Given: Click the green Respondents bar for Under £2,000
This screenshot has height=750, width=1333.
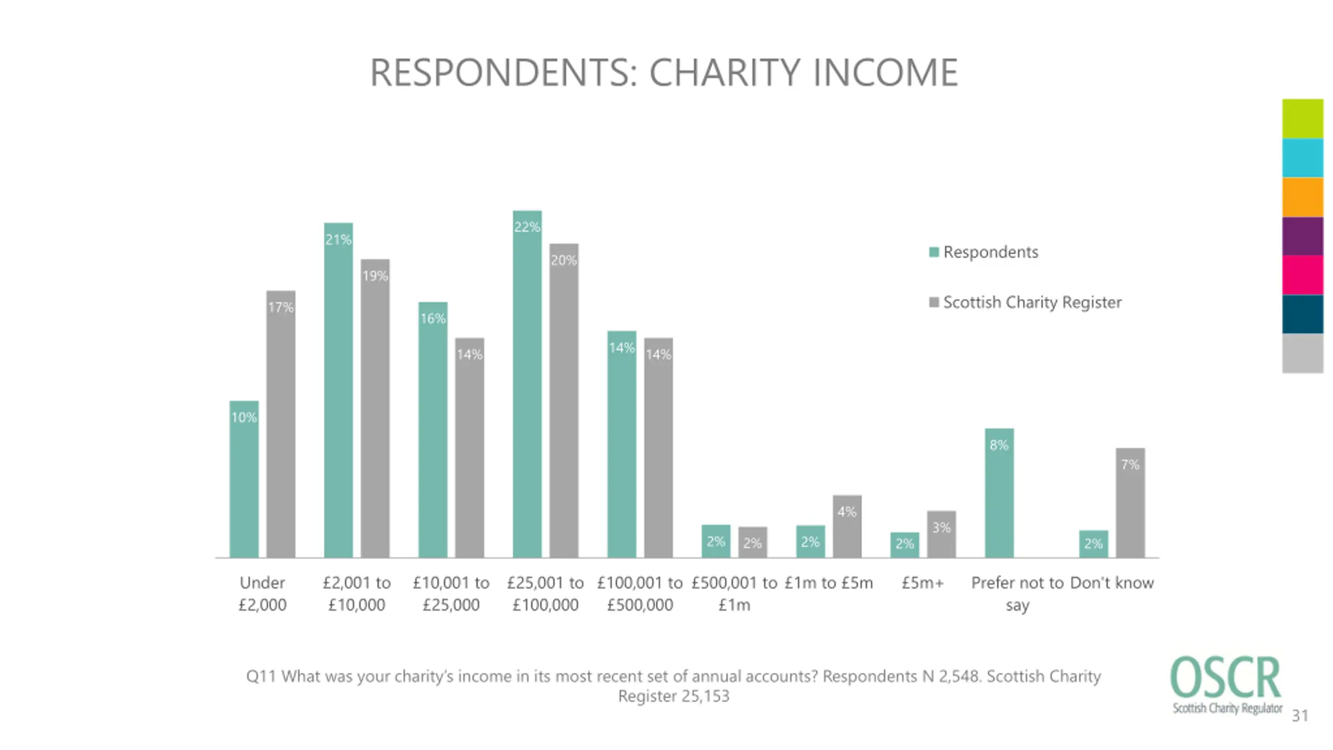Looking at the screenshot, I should pyautogui.click(x=244, y=479).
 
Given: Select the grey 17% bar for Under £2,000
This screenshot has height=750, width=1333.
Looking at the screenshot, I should pyautogui.click(x=281, y=424).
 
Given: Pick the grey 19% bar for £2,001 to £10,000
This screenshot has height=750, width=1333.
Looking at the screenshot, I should pyautogui.click(x=375, y=408).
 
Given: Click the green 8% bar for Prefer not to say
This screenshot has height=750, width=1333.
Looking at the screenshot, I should pyautogui.click(x=999, y=493).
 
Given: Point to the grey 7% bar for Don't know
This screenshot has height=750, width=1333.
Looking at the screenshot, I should pyautogui.click(x=1130, y=503).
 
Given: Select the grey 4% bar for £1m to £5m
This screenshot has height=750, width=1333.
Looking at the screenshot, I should pyautogui.click(x=847, y=526).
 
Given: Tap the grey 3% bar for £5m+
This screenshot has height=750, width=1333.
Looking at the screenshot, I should pyautogui.click(x=941, y=534).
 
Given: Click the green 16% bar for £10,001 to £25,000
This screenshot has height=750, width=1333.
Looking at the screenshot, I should pyautogui.click(x=433, y=430).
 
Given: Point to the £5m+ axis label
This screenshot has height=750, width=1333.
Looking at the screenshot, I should pyautogui.click(x=923, y=583).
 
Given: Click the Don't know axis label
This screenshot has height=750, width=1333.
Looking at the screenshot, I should pyautogui.click(x=1112, y=583).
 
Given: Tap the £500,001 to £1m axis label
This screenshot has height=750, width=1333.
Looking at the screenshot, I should pyautogui.click(x=734, y=594).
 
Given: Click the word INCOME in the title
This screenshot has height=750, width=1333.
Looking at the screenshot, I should pyautogui.click(x=885, y=72).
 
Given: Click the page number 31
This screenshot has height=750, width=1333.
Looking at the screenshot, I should pyautogui.click(x=1300, y=716).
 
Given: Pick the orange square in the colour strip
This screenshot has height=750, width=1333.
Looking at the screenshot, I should pyautogui.click(x=1302, y=197).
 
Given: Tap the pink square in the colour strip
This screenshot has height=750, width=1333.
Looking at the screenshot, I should pyautogui.click(x=1302, y=275).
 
